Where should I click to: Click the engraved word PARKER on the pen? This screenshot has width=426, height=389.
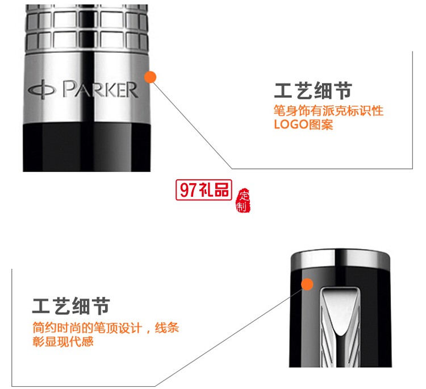(x=100, y=90)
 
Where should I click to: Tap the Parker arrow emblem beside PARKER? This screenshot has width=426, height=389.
(x=43, y=90)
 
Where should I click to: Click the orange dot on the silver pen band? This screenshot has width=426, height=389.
(x=151, y=77)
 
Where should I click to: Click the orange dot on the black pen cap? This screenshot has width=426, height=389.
(x=307, y=284)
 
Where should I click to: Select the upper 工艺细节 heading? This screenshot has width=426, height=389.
(x=314, y=91)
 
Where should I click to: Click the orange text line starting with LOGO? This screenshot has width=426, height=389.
(x=304, y=124)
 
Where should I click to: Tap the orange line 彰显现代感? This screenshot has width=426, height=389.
(x=63, y=342)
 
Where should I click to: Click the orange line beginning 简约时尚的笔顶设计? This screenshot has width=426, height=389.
(x=106, y=328)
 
